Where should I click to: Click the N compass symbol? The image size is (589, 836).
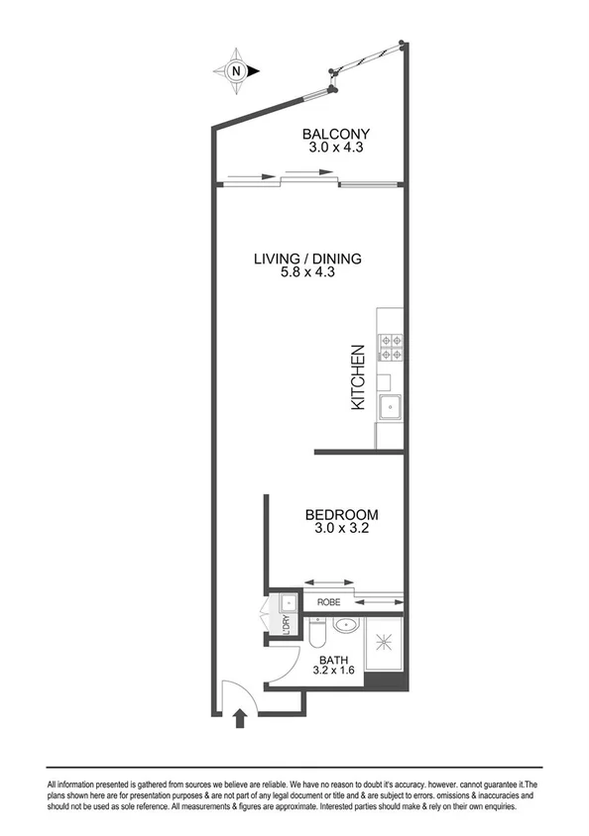tap(236, 70)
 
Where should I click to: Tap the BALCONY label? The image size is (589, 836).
tap(336, 135)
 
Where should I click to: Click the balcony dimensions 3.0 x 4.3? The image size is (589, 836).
tap(336, 150)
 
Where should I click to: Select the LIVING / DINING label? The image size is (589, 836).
tap(307, 260)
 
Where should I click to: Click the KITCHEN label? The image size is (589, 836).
tap(360, 377)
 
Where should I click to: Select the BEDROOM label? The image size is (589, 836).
tap(341, 515)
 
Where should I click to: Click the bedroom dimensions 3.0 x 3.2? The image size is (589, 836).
tap(341, 530)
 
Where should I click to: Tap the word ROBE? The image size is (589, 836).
tap(329, 601)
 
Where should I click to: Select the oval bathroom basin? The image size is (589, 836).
tap(347, 625)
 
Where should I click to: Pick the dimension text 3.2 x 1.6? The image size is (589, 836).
tap(333, 672)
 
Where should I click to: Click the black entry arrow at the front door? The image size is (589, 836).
tap(239, 719)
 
